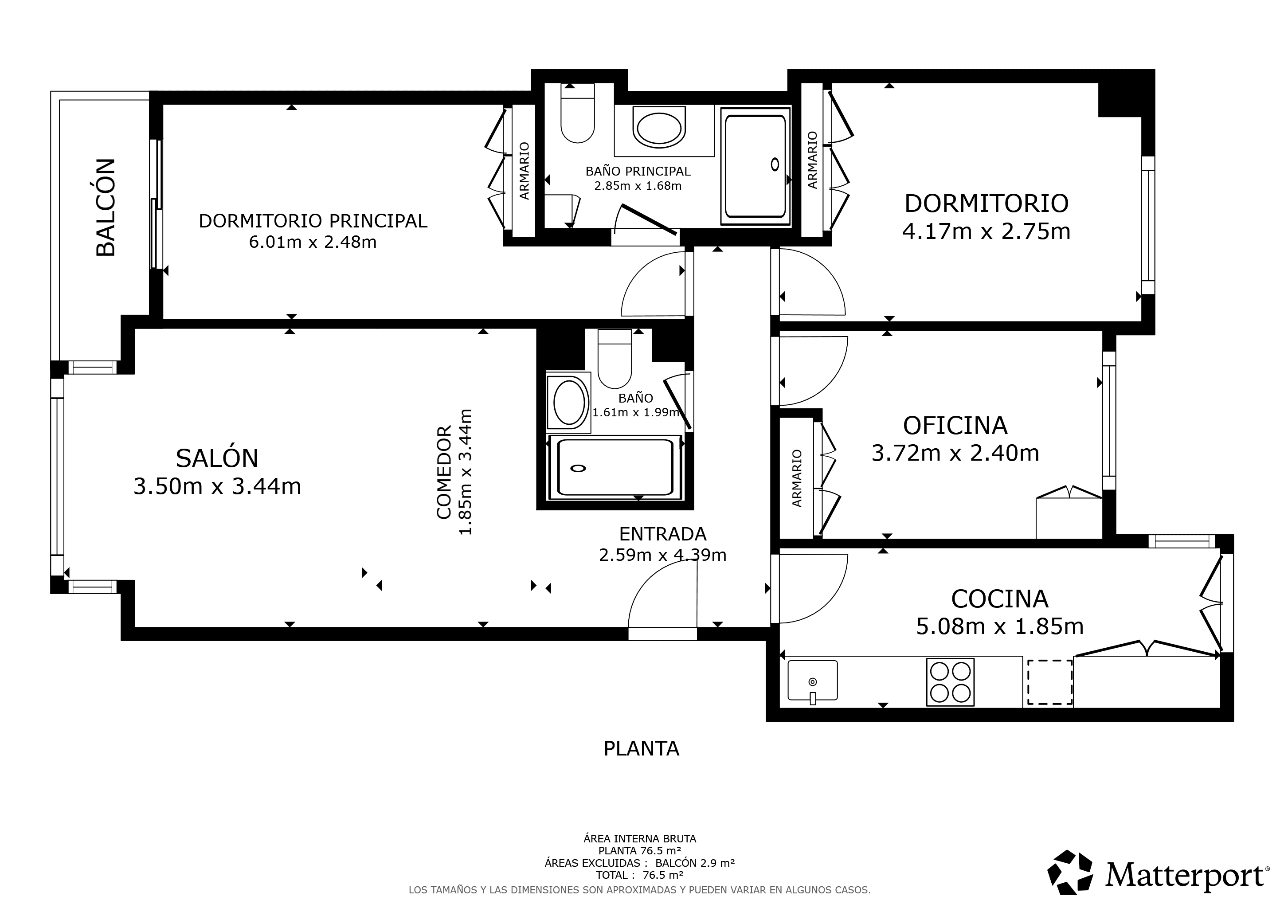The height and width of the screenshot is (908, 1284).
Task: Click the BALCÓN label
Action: point(105,207)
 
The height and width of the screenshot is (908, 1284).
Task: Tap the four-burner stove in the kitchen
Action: point(950,682)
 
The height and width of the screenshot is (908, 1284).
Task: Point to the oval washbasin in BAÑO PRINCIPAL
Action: point(659,128)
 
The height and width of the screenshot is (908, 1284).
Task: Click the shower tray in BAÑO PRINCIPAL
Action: point(756,166)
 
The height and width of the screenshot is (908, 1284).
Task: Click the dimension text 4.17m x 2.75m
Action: point(986,231)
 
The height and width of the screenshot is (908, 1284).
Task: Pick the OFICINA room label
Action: point(955,426)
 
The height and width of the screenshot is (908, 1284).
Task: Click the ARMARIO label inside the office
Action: point(797,478)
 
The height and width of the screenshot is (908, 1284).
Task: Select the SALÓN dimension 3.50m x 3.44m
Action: point(217,486)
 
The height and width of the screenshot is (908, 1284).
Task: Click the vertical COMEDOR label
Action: point(443,473)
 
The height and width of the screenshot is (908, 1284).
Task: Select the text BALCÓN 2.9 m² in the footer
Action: point(695,863)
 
